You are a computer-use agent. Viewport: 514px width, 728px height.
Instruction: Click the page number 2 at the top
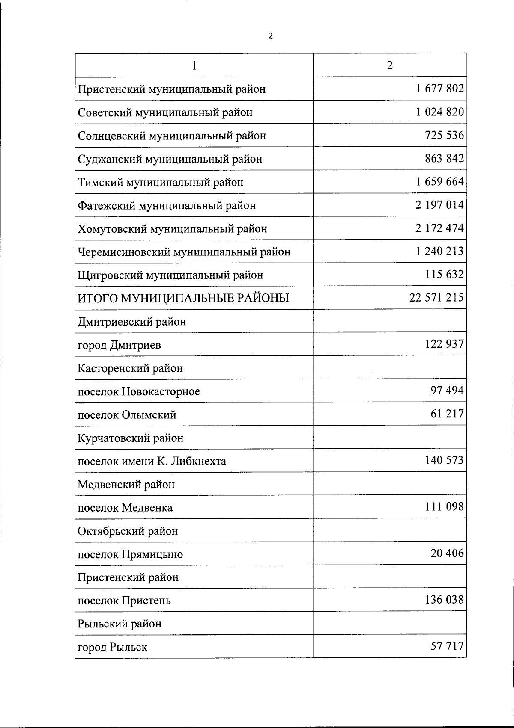tap(270, 36)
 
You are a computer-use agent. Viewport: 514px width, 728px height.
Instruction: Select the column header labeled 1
tap(194, 65)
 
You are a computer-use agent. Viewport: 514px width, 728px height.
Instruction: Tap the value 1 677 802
tap(439, 89)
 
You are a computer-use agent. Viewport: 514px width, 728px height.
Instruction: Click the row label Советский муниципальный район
tap(165, 112)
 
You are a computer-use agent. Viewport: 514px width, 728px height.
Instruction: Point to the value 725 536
tap(444, 135)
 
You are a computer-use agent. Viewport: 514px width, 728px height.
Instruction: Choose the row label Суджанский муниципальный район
tap(170, 159)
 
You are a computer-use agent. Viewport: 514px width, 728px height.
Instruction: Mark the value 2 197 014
tap(439, 205)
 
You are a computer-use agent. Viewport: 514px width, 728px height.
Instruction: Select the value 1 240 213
tap(439, 251)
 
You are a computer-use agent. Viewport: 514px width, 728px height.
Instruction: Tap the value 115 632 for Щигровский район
tap(444, 274)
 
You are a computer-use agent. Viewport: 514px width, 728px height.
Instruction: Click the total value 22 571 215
tap(436, 297)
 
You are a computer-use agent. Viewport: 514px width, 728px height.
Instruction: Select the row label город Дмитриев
tap(119, 345)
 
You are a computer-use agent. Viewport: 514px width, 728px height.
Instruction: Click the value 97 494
tap(447, 390)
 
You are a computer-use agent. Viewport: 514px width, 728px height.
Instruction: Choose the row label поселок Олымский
tap(127, 415)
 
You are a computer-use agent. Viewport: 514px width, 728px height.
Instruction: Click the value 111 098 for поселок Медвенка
tap(444, 506)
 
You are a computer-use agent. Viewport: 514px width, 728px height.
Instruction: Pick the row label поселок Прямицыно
tap(130, 554)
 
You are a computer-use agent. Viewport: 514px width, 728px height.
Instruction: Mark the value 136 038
tap(444, 599)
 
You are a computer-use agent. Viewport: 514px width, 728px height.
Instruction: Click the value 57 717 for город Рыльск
tap(447, 645)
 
